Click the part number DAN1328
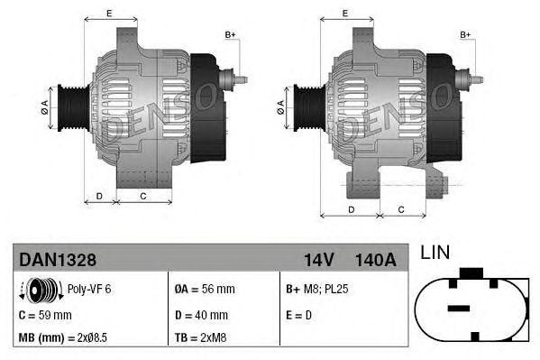pos(58,260)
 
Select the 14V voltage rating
pos(318,260)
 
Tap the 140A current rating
pos(376,260)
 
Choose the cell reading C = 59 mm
pos(45,315)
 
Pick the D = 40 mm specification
pos(202,315)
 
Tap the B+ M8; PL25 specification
pos(317,290)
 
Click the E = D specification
pos(301,315)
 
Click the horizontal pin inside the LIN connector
pos(460,308)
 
